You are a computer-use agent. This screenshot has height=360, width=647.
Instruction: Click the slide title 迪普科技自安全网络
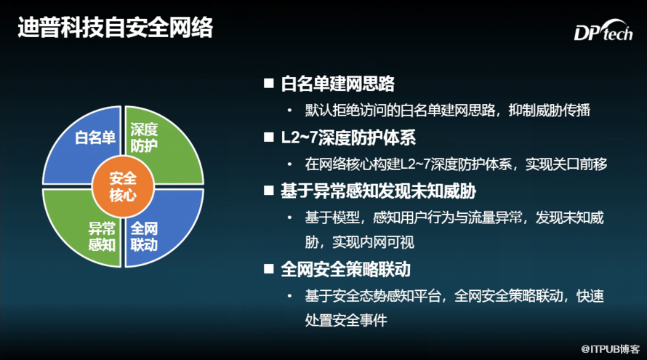pyautogui.click(x=115, y=28)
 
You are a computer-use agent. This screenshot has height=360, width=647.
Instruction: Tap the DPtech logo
pyautogui.click(x=603, y=31)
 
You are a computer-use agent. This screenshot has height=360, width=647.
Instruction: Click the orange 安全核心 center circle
pyautogui.click(x=123, y=187)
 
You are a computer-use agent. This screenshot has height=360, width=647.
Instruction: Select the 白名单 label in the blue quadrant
pyautogui.click(x=95, y=137)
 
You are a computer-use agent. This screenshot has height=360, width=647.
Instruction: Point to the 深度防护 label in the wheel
pyautogui.click(x=144, y=137)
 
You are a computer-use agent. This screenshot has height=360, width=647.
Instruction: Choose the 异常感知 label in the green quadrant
pyautogui.click(x=102, y=236)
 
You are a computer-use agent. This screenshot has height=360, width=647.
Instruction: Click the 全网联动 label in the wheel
pyautogui.click(x=144, y=236)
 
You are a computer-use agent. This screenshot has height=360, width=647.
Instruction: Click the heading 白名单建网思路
pyautogui.click(x=337, y=84)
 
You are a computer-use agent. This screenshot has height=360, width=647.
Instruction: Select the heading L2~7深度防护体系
pyautogui.click(x=348, y=137)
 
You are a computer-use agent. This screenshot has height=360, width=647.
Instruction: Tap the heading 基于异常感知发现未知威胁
pyautogui.click(x=378, y=191)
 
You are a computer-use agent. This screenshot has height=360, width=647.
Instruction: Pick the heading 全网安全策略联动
pyautogui.click(x=346, y=269)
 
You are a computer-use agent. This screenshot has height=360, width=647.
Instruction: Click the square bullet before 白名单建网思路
pyautogui.click(x=269, y=84)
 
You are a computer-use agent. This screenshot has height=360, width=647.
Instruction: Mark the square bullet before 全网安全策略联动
pyautogui.click(x=269, y=269)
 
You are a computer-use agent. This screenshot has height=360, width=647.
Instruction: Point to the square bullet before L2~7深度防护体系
pyautogui.click(x=269, y=137)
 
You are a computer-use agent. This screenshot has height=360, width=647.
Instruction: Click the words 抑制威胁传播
pyautogui.click(x=549, y=111)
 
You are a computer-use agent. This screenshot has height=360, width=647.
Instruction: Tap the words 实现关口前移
pyautogui.click(x=566, y=164)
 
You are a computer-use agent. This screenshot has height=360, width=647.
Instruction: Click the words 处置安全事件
pyautogui.click(x=346, y=320)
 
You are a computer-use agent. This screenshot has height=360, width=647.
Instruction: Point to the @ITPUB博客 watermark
pyautogui.click(x=610, y=349)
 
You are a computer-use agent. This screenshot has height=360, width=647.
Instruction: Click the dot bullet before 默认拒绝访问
pyautogui.click(x=289, y=111)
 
